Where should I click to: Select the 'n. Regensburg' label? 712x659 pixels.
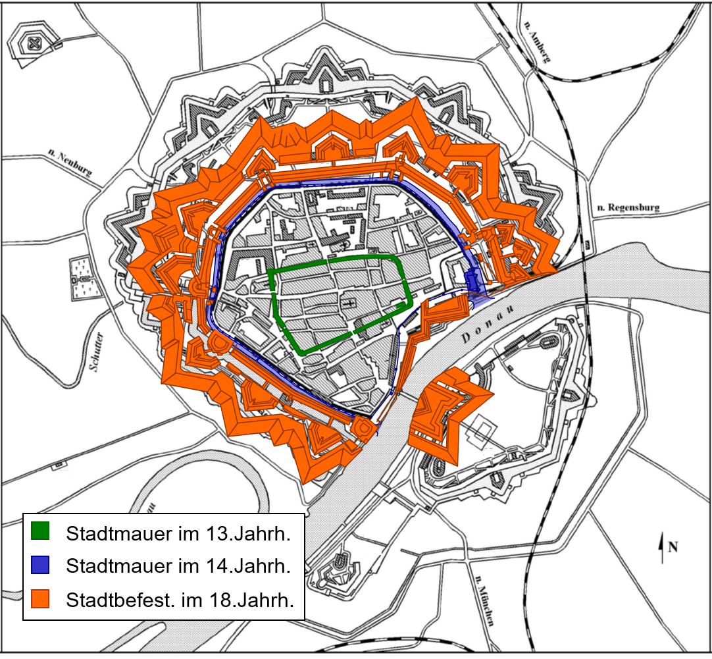(627, 208)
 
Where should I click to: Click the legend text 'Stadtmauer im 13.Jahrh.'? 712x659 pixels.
(178, 533)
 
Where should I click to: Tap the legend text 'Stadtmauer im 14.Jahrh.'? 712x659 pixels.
(178, 566)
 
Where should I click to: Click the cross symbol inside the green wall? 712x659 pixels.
(349, 302)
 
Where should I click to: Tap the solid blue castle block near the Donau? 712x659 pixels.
(472, 279)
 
